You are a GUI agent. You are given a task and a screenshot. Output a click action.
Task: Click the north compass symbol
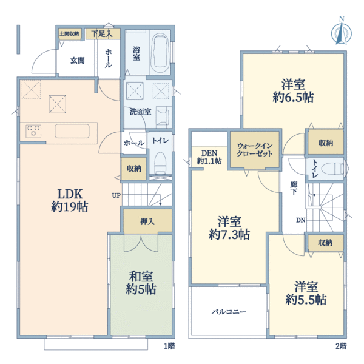[x=341, y=31]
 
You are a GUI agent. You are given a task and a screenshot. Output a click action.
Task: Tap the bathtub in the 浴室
[x=160, y=53]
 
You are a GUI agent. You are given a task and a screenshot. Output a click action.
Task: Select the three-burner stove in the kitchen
[x=33, y=130]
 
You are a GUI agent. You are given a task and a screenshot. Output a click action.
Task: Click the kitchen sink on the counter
[x=72, y=131]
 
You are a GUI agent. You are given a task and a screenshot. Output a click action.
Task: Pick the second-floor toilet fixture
[x=333, y=169]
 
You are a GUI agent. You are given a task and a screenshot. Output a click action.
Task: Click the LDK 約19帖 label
[x=70, y=200]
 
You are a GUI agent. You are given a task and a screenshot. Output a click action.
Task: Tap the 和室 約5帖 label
[x=141, y=283]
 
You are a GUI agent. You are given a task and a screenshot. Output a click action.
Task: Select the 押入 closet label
[x=147, y=221]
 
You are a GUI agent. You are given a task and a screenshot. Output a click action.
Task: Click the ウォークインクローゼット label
[x=255, y=150]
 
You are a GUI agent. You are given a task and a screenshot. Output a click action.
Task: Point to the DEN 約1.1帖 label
[x=209, y=157]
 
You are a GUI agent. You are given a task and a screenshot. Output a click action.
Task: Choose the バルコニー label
[x=229, y=312]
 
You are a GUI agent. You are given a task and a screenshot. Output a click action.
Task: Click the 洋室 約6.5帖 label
[x=293, y=90]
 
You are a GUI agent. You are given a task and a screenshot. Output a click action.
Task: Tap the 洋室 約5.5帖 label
[x=306, y=293]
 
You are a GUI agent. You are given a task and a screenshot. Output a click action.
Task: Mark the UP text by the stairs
[x=116, y=195]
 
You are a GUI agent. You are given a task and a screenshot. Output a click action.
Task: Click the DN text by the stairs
[x=301, y=220]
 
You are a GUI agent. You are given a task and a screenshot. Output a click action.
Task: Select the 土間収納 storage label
[x=69, y=33]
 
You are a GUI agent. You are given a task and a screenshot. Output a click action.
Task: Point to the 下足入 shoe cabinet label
[x=102, y=34]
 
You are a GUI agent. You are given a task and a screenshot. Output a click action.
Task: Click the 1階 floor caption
[x=169, y=346]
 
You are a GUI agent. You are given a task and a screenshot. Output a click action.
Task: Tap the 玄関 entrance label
[x=77, y=61]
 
